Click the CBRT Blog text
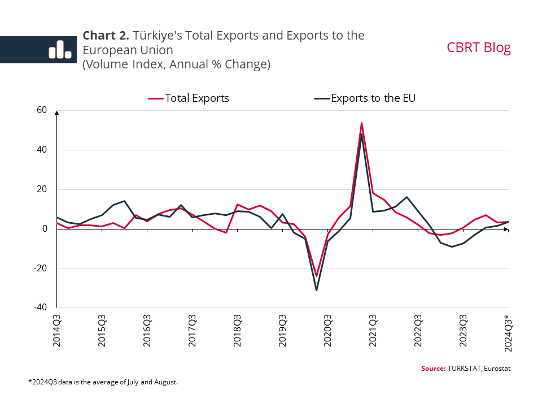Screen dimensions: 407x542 [479, 47]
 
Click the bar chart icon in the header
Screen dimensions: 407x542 [60, 50]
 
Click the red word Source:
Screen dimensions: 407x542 [433, 369]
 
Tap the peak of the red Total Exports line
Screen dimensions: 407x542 [361, 123]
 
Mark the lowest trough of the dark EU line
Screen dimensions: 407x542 [316, 290]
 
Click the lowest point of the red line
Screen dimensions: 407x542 [316, 276]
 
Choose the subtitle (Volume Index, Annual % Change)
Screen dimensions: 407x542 [177, 64]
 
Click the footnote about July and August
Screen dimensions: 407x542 [103, 382]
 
